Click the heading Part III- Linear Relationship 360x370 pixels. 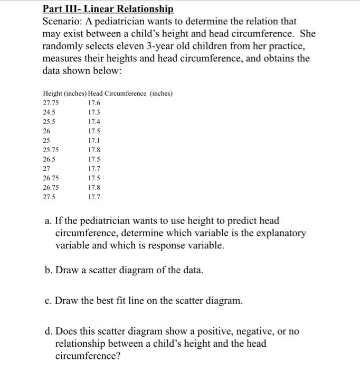[x=108, y=9]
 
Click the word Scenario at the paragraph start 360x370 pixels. [x=62, y=22]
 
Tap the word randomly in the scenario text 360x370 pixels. [x=62, y=46]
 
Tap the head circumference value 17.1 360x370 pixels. [x=94, y=141]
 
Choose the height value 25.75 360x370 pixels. [x=51, y=150]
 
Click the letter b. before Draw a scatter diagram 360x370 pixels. [x=49, y=270]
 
